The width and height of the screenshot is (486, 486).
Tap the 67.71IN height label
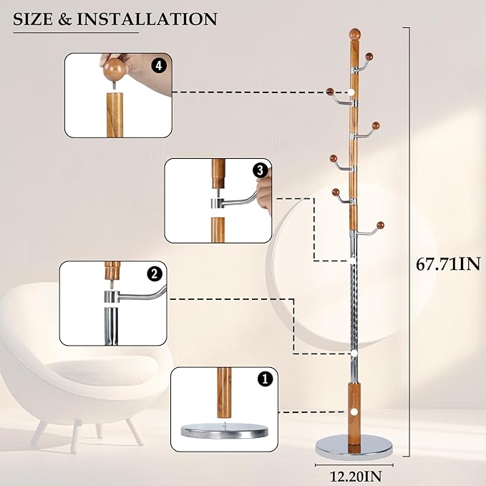pyautogui.click(x=448, y=263)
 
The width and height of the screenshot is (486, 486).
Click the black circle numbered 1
pyautogui.click(x=266, y=380)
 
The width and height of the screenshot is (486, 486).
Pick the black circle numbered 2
pyautogui.click(x=153, y=273)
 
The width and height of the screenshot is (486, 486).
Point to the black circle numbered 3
pyautogui.click(x=260, y=170)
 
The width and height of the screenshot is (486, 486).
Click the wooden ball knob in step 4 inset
pyautogui.click(x=115, y=71)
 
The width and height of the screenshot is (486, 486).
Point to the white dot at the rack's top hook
pyautogui.click(x=354, y=92)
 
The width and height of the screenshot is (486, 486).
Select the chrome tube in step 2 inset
pyautogui.click(x=110, y=322)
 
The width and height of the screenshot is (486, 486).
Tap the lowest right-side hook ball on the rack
pyautogui.click(x=380, y=225)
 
